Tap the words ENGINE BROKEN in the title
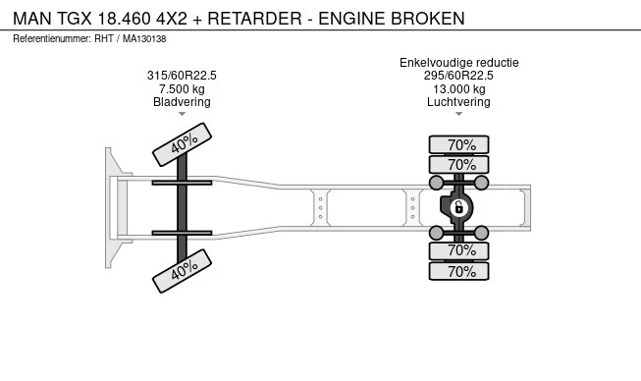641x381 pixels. click(401, 19)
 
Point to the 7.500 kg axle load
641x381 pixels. click(182, 89)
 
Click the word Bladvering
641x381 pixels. click(182, 102)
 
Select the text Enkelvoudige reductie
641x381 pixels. click(458, 63)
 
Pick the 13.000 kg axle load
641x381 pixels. click(458, 89)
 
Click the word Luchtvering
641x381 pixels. click(458, 102)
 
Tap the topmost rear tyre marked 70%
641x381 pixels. click(460, 145)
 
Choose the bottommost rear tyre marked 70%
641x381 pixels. click(460, 271)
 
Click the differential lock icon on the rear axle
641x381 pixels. click(458, 207)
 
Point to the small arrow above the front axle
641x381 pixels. click(183, 115)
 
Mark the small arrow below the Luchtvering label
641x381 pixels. click(458, 114)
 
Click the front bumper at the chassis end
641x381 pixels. click(112, 208)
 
